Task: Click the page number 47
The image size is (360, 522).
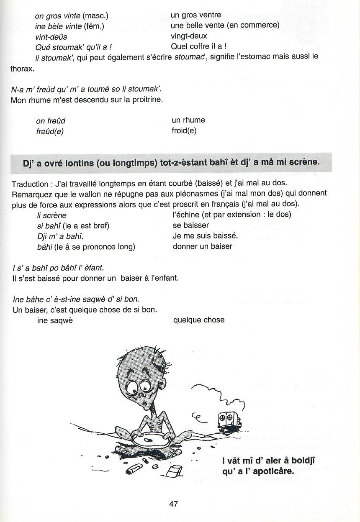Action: coord(174,504)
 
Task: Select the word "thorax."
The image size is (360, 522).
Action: coord(22,68)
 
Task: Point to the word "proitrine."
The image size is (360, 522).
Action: coord(147,100)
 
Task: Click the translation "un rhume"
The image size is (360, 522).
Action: coord(188,120)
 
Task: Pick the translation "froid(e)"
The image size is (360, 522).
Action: coord(184,130)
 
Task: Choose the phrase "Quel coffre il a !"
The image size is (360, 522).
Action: coord(199,46)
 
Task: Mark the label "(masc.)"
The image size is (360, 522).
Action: coord(95,16)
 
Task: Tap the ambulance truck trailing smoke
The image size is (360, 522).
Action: coord(229,421)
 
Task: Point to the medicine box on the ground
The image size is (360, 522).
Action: coord(175,471)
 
